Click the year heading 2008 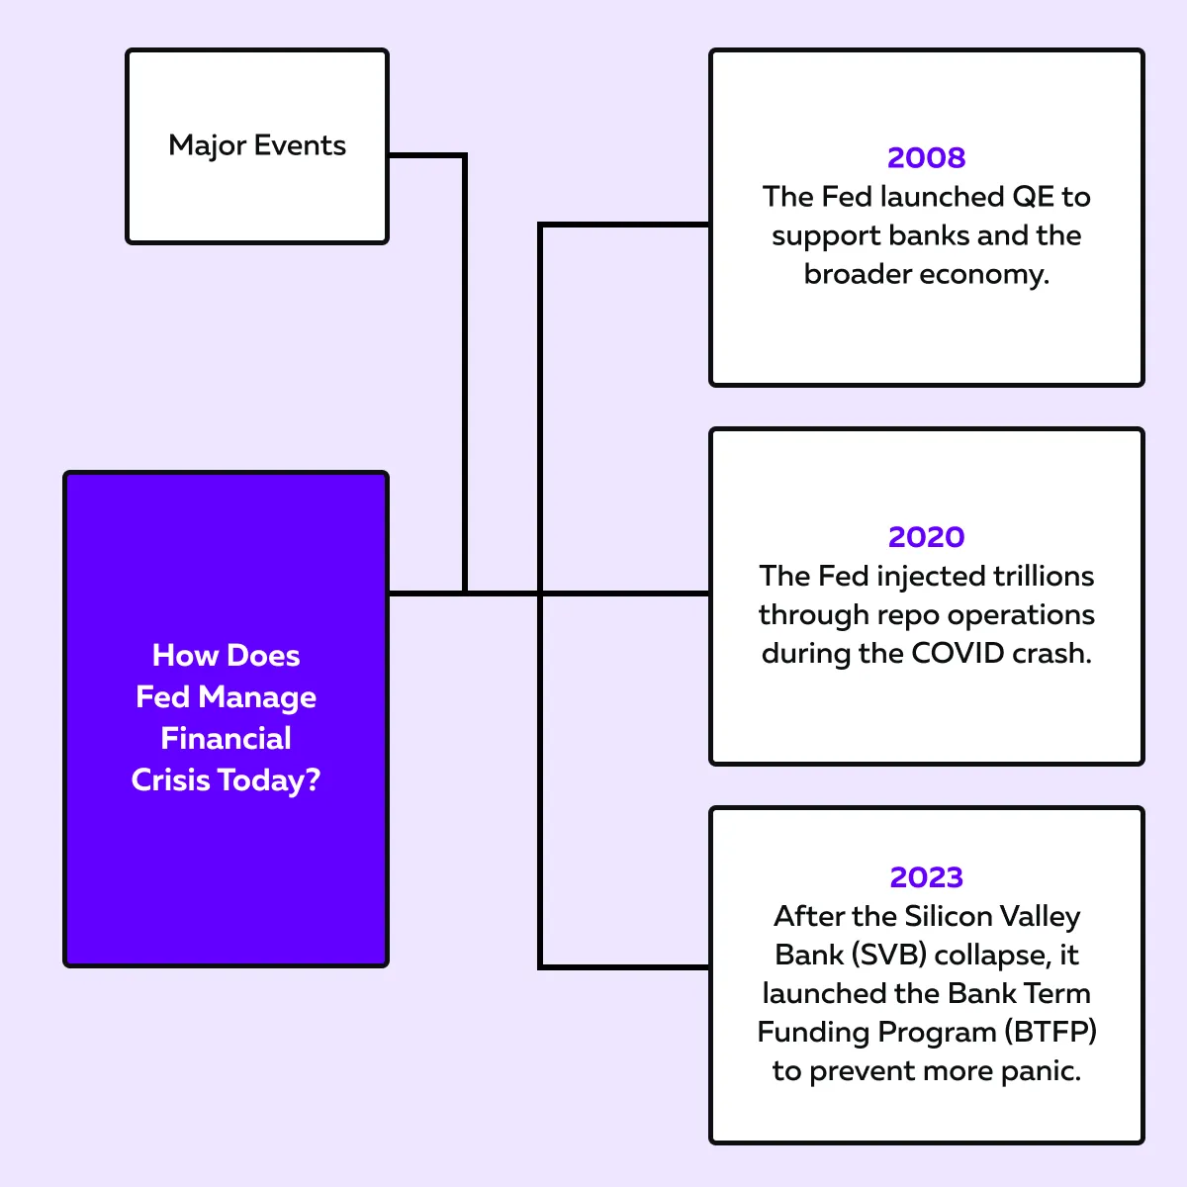pyautogui.click(x=926, y=157)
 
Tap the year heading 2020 pyautogui.click(x=926, y=537)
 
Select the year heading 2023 pyautogui.click(x=926, y=877)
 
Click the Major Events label pyautogui.click(x=257, y=146)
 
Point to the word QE pyautogui.click(x=1033, y=197)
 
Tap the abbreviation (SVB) pyautogui.click(x=889, y=955)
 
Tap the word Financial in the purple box pyautogui.click(x=226, y=739)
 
